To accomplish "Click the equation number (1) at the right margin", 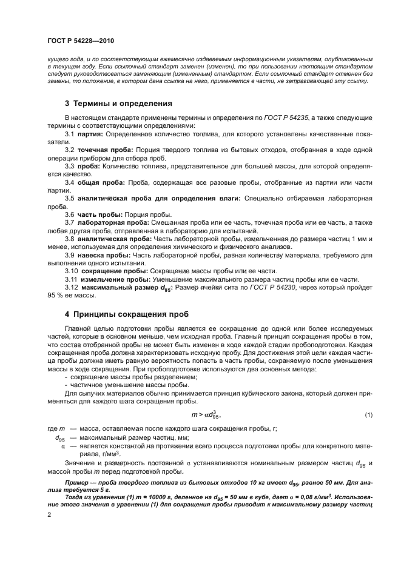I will (368, 414).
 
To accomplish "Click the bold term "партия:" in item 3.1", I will (89, 133).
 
